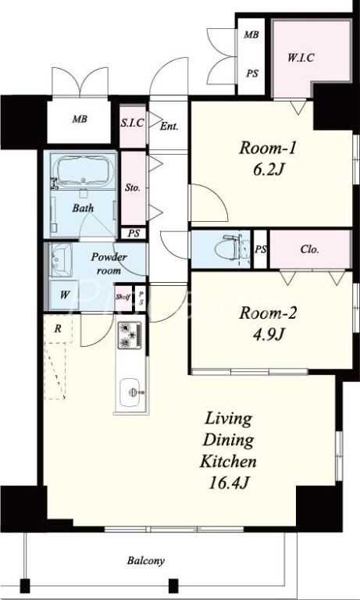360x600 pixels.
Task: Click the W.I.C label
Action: coord(301,58)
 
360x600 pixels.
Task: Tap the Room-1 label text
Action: coord(267,148)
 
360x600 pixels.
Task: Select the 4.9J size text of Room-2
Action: coord(268,335)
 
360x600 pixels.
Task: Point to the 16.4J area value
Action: coord(229,483)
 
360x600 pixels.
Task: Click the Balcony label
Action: coord(146,561)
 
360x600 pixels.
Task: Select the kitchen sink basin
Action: coord(130,392)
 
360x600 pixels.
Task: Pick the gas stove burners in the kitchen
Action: coord(130,335)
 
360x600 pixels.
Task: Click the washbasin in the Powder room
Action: coord(60,260)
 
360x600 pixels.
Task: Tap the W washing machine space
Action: coord(64,295)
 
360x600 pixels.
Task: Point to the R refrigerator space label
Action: coord(58,329)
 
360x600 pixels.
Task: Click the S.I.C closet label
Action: coord(133,123)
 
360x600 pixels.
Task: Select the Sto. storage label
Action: coord(133,187)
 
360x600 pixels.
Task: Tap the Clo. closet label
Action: coord(310,249)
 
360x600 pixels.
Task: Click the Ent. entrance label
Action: coord(169,126)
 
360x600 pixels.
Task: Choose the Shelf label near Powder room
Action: coord(123,297)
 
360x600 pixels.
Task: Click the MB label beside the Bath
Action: coord(80,119)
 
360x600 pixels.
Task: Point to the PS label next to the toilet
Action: coord(261,249)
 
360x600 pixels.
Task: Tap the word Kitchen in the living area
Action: coord(228,461)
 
